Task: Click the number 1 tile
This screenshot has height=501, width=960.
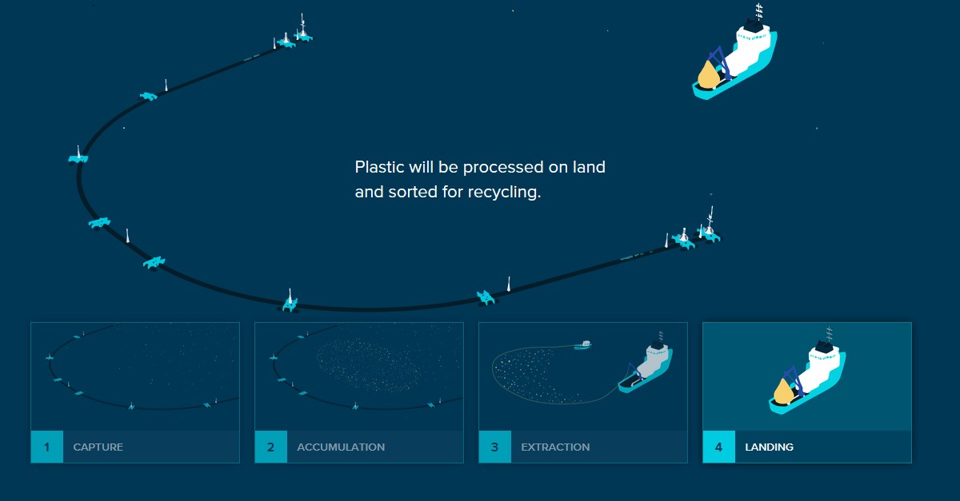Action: [47, 447]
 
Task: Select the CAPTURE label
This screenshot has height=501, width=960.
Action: [98, 447]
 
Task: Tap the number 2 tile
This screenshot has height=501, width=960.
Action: [271, 447]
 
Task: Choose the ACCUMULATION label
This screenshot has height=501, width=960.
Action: [341, 447]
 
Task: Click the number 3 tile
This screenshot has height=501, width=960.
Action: [495, 447]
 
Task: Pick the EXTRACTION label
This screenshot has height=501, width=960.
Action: [555, 447]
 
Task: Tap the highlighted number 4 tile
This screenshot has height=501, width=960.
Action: [719, 447]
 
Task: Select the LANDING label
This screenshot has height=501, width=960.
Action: [770, 447]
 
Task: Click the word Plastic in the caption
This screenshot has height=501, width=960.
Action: [380, 167]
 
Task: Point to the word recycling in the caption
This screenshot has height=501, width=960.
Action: [505, 193]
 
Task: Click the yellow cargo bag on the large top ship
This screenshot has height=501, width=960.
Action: [708, 75]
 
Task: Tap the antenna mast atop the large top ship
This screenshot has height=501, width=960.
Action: [758, 11]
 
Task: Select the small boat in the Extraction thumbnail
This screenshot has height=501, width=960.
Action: [583, 344]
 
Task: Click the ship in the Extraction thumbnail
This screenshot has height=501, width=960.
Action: [646, 364]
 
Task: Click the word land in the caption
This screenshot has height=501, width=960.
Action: [589, 167]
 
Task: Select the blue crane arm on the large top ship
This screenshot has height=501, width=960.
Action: [718, 60]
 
